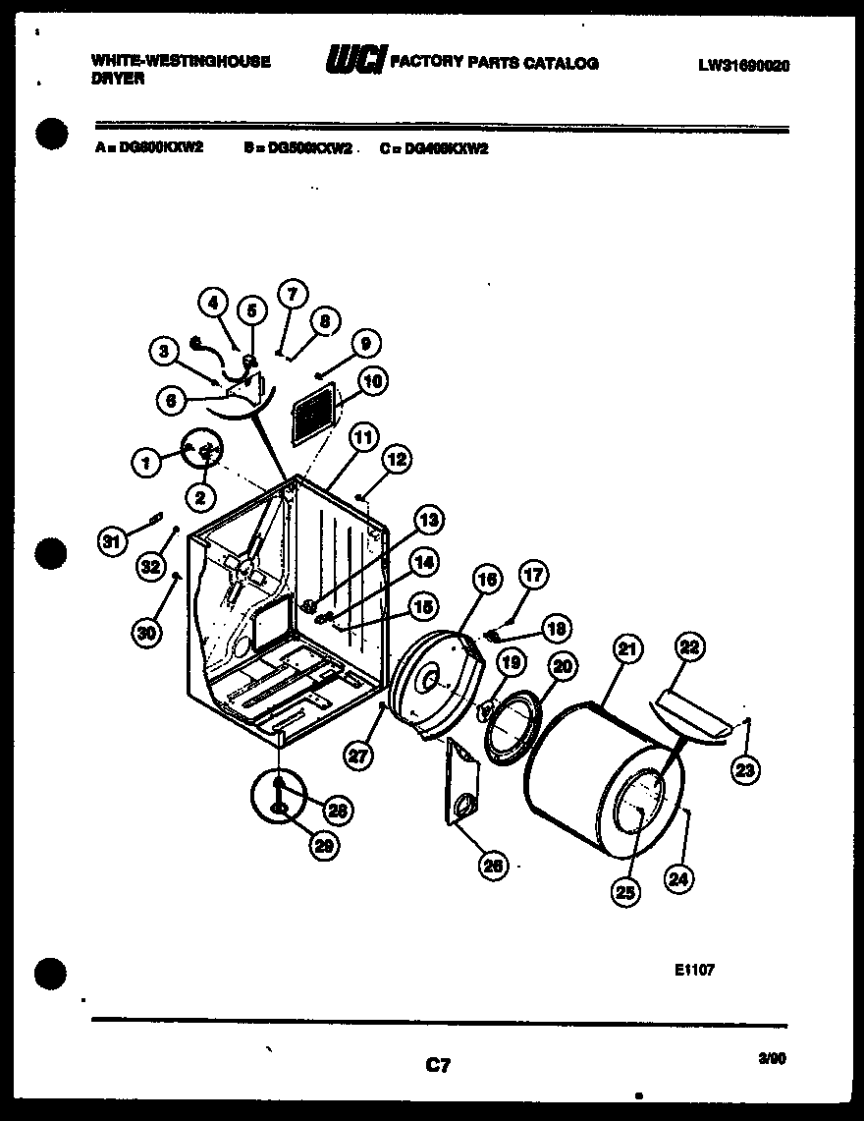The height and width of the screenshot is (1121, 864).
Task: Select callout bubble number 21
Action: coord(624,648)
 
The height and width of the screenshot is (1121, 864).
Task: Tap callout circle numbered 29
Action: coord(318,844)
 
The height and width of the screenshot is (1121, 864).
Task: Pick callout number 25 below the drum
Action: coord(624,891)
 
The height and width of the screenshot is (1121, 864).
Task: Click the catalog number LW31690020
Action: coord(743,66)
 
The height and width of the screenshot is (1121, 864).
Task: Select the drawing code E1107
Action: coord(694,970)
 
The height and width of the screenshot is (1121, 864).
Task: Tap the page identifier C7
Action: coord(438,1063)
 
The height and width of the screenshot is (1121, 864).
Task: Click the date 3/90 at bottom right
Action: coord(772,1059)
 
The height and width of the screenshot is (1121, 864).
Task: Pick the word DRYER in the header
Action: coord(118,79)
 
